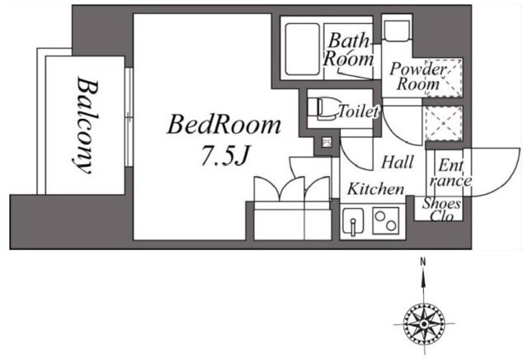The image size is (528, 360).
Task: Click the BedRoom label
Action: (224, 126)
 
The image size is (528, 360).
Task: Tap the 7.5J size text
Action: (225, 155)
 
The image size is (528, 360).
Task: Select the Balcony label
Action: (86, 126)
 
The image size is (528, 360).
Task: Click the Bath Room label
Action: (348, 50)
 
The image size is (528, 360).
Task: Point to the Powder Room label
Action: (418, 76)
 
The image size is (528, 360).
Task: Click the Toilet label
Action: (358, 111)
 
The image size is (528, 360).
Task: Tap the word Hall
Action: (398, 162)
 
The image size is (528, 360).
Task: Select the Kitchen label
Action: (375, 189)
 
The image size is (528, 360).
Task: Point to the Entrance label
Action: (450, 173)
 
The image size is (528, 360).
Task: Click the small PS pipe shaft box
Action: (327, 142)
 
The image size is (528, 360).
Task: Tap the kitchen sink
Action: (353, 222)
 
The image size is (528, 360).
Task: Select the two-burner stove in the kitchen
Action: (386, 220)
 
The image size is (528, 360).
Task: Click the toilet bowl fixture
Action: (326, 108)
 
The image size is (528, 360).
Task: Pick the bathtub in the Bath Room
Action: (302, 50)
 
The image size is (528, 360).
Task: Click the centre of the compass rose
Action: (424, 324)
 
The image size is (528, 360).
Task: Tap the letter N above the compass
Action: (423, 261)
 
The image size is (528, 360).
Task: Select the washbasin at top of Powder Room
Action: (397, 31)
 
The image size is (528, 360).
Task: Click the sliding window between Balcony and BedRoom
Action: (129, 117)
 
